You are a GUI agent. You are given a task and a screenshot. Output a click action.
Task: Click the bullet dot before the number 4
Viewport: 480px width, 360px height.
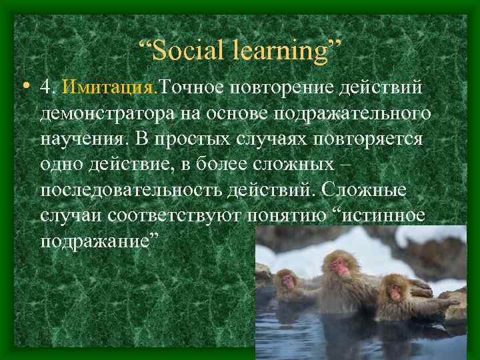coord(24,86)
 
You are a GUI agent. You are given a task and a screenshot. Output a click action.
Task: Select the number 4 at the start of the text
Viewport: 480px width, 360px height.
coord(45,87)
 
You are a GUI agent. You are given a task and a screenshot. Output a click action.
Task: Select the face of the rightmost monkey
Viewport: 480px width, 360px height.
coord(397,291)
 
